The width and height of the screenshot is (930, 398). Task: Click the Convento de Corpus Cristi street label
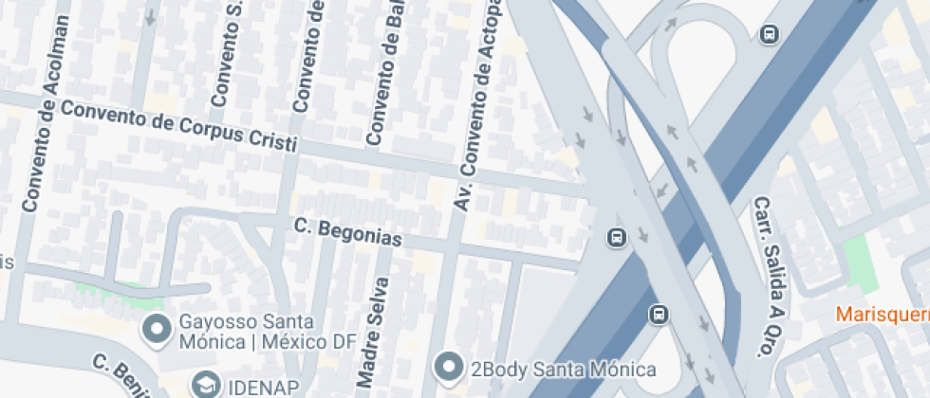coord(178,127)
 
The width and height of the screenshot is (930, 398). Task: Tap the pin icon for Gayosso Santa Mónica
coord(154,330)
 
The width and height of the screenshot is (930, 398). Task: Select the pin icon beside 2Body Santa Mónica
coord(447,366)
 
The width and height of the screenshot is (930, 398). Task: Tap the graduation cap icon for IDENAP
coord(205,385)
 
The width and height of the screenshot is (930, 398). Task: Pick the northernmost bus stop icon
coord(769,35)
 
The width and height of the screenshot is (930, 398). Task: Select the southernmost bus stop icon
coord(659,314)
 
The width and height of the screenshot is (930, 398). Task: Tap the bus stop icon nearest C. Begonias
coord(616,236)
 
